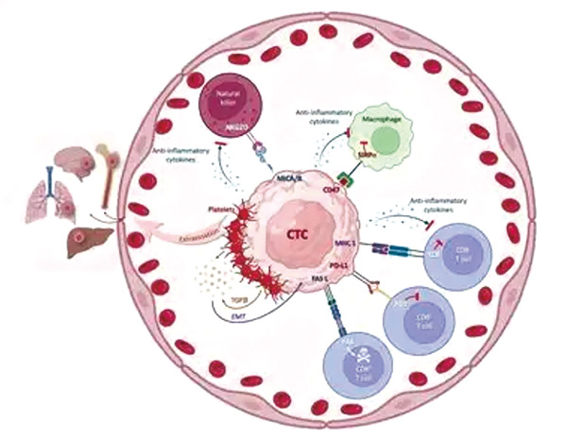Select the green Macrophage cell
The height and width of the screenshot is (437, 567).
click(383, 137)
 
